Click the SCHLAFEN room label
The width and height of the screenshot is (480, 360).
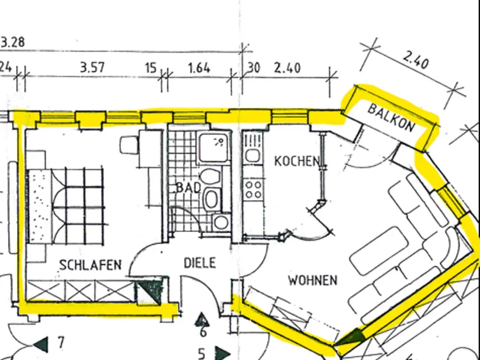90,265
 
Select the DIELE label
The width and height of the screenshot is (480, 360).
200,263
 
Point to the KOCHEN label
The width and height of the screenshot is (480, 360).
297,161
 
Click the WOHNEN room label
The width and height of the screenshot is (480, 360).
313,280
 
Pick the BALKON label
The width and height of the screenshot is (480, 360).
392,117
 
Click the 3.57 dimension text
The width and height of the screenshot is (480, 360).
93,67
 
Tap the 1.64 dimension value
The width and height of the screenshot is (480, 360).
199,68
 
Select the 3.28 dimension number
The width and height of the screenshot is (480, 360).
12,42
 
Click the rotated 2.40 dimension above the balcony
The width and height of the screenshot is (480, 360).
415,60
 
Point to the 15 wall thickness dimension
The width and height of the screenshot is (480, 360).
151,68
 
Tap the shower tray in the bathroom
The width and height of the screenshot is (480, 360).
214,147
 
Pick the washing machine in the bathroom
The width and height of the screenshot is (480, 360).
221,223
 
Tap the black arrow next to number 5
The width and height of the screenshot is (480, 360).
223,354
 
